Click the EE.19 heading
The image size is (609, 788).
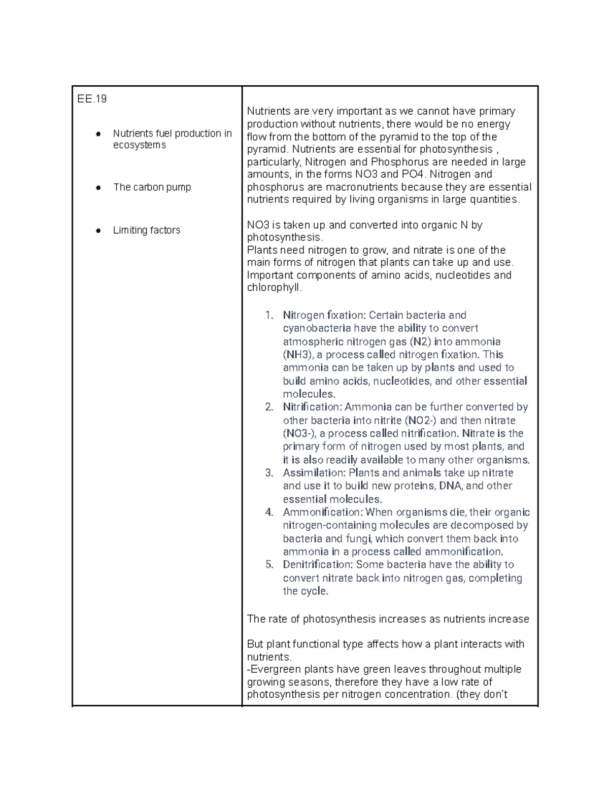coord(92,99)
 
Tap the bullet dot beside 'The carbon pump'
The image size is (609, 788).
coord(98,188)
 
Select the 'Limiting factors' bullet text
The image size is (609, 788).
coord(146,230)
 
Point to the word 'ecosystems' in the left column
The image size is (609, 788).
coord(139,145)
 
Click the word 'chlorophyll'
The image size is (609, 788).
coord(274,288)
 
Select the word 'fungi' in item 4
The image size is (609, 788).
coord(358,539)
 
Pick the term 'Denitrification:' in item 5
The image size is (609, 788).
coord(317,565)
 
